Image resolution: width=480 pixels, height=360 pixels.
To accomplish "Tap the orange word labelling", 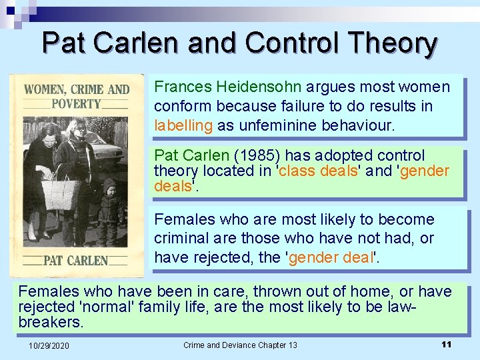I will [x=183, y=125].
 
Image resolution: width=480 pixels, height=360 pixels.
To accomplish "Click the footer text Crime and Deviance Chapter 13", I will [x=240, y=345].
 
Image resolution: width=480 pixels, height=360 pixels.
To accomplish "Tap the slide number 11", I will [x=447, y=344].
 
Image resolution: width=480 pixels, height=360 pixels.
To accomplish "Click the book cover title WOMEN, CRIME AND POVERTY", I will [x=77, y=97].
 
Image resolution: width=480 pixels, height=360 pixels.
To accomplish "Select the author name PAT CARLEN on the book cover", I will [x=75, y=259].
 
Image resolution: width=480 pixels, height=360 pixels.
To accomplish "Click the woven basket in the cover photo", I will [x=61, y=193].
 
